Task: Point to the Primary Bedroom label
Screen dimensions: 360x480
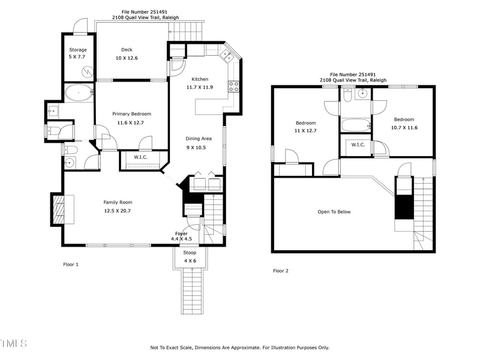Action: tap(131, 118)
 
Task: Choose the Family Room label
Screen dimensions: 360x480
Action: tap(118, 206)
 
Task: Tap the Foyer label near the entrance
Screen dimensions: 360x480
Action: tap(181, 236)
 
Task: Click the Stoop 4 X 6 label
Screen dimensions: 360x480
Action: tap(190, 256)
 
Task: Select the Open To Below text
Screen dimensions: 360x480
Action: tap(334, 212)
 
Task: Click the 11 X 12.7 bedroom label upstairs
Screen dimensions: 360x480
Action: tap(305, 127)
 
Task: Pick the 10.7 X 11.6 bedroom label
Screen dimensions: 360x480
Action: tap(404, 123)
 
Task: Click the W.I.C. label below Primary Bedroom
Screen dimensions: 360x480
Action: tap(140, 157)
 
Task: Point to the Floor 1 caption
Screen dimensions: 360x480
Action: tap(71, 264)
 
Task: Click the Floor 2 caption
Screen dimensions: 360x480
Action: tap(281, 271)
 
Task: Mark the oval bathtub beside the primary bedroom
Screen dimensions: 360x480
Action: tap(79, 93)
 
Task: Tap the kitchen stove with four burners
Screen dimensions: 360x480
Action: tap(233, 86)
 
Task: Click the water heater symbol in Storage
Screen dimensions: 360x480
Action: tap(88, 72)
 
